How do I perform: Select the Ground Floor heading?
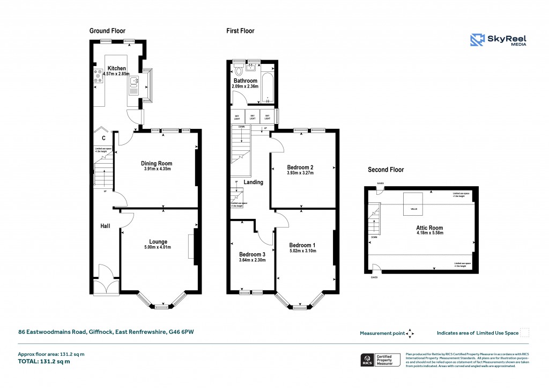click(107, 31)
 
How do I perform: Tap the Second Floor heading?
click(385, 170)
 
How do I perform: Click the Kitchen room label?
click(117, 68)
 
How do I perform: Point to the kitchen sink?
click(133, 85)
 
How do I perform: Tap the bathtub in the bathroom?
click(267, 85)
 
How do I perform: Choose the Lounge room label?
click(158, 241)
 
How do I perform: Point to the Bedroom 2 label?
click(300, 167)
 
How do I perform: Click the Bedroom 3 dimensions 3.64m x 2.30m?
click(252, 260)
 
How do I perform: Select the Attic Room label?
click(430, 228)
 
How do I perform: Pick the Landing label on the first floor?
click(254, 182)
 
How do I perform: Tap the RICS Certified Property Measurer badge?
click(380, 360)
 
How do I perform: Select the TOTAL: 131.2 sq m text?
click(44, 361)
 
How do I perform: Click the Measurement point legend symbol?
click(410, 333)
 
